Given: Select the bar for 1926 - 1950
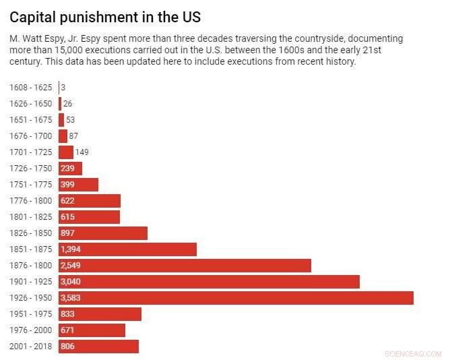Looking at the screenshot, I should click(x=236, y=298).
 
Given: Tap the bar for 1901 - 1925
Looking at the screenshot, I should click(x=209, y=282).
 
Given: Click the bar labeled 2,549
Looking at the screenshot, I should click(x=185, y=266).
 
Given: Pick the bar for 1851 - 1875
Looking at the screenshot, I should click(x=127, y=249).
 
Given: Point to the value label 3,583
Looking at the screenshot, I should click(x=71, y=298).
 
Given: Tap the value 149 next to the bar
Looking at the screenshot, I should click(x=82, y=152).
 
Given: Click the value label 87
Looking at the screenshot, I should click(x=73, y=136).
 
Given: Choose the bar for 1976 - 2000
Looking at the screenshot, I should click(x=92, y=330).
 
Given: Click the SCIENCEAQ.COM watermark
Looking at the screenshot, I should click(x=413, y=353).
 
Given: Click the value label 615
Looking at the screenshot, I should click(x=67, y=217).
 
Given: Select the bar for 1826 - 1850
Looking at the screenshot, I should click(x=102, y=233).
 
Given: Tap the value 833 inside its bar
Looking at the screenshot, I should click(x=67, y=314).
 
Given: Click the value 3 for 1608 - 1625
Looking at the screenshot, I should click(x=63, y=88).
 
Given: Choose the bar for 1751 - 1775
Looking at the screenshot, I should click(x=78, y=185).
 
